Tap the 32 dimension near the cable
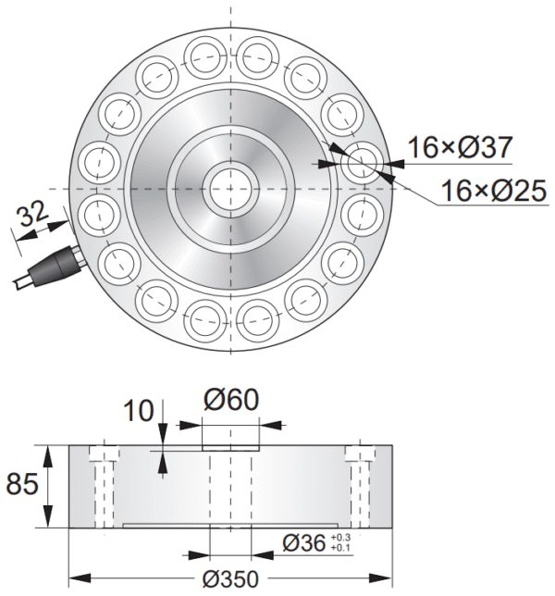tap(32, 215)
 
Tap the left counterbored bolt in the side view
tap(104, 486)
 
